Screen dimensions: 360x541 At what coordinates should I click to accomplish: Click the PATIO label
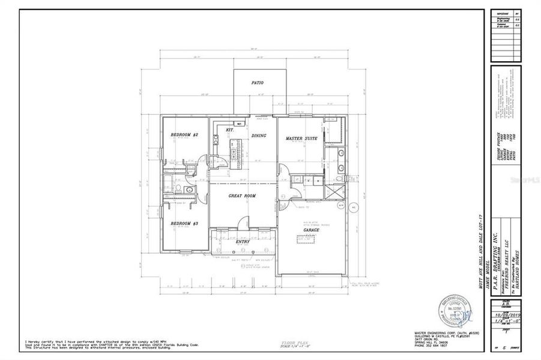[258, 83]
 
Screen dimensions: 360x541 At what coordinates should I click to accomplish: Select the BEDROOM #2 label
[184, 135]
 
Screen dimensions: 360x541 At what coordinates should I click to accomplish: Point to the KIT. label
[229, 130]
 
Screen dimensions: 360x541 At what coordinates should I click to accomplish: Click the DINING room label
[259, 136]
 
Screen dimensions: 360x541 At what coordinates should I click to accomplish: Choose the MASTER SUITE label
[301, 139]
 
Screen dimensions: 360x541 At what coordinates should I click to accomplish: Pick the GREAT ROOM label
[243, 196]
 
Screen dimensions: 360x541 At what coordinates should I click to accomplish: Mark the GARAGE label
[310, 230]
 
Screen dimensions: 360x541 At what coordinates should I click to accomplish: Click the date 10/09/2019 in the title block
[506, 314]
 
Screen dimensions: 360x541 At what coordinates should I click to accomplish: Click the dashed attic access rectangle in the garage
[306, 239]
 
